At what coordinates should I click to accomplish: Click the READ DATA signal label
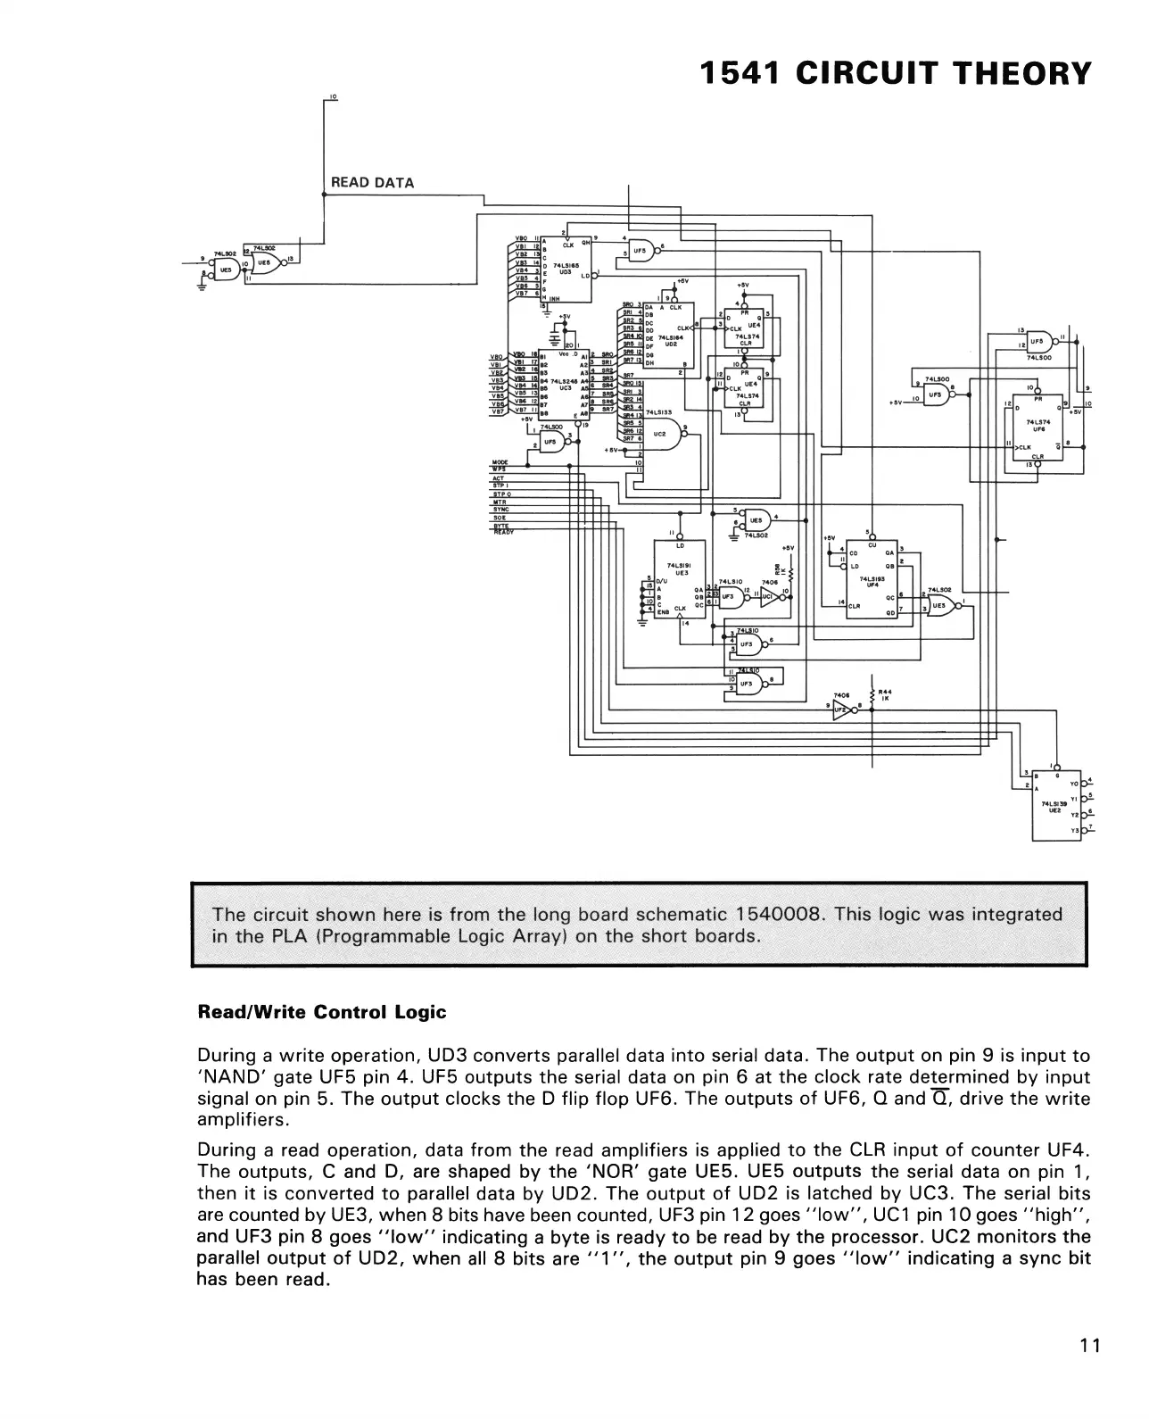point(372,183)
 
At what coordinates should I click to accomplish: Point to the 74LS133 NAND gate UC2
point(663,434)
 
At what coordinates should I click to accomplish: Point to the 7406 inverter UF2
point(843,712)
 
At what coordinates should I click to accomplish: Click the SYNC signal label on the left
point(500,510)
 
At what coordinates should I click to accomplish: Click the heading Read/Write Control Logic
point(321,1013)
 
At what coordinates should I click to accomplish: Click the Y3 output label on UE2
point(1074,831)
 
